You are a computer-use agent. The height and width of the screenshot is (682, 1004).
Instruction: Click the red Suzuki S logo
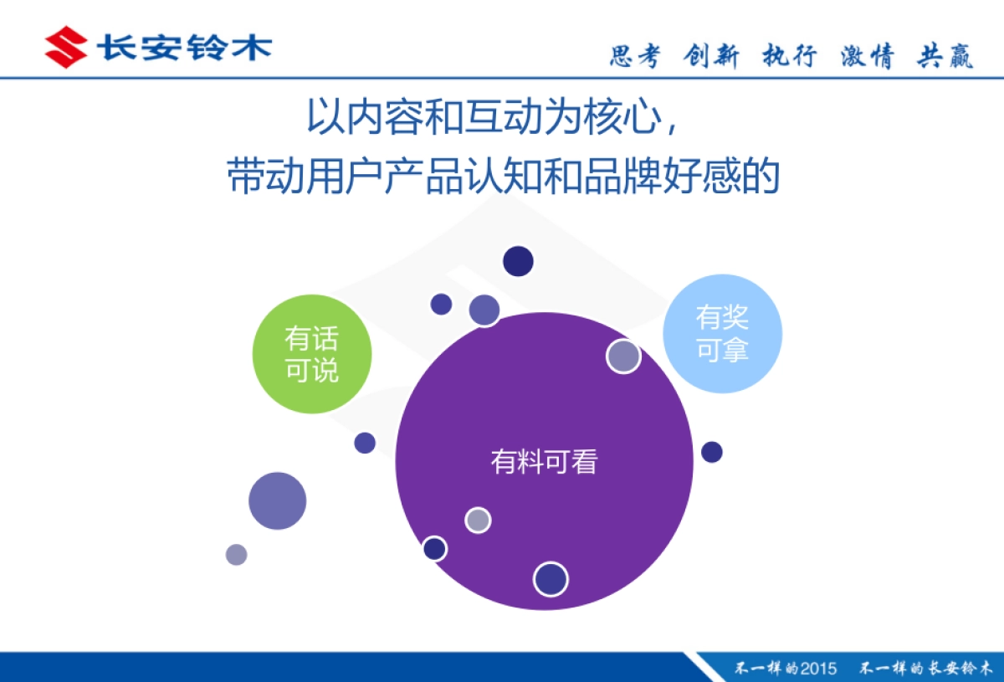pos(65,47)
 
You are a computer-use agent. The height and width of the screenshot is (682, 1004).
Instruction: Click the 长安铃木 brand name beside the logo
pos(184,47)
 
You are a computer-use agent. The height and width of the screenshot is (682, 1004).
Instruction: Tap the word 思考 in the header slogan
pos(635,56)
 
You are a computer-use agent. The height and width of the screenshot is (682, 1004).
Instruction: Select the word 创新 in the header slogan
pos(711,56)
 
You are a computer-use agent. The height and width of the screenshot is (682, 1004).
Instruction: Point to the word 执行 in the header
pos(789,56)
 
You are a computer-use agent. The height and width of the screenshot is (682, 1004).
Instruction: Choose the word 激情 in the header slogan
pos(868,56)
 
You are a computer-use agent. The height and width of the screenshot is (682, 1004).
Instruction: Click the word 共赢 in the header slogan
pos(945,56)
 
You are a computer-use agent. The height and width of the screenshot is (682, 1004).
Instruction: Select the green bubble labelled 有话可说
pos(312,354)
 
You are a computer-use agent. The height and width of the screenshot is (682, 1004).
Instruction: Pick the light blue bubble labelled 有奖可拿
pos(722,333)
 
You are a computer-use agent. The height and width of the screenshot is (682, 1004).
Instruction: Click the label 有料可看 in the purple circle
pos(544,461)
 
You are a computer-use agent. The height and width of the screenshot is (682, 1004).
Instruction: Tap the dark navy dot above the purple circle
pos(518,261)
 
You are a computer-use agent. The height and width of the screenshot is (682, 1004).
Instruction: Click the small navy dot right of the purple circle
pos(712,452)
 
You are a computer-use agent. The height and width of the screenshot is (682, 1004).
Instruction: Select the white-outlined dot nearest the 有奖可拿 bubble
pos(623,356)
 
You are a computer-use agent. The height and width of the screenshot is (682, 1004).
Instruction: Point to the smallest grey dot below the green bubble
pos(237,554)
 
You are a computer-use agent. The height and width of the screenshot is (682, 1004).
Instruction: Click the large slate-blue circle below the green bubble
pos(278,501)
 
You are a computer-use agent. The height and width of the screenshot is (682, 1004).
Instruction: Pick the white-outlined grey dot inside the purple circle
pos(478,520)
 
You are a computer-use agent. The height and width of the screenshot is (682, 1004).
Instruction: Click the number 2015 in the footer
pos(818,668)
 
